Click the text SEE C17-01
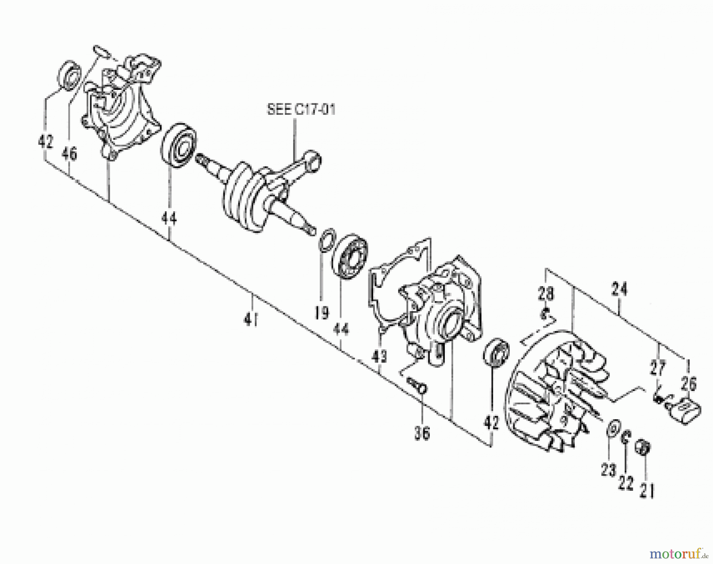301,110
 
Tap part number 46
69,154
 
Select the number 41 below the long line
251,319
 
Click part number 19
322,313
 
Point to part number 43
379,357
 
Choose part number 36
422,434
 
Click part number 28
545,294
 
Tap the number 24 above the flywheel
619,289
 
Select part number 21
647,491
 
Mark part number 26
689,383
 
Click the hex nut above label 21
643,448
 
